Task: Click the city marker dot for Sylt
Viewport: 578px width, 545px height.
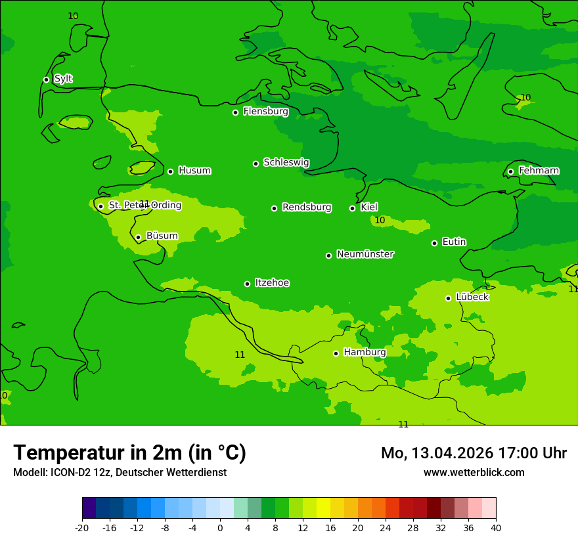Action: (46, 79)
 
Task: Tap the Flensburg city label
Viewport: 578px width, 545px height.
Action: (265, 112)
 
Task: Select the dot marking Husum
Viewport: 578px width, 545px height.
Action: (170, 171)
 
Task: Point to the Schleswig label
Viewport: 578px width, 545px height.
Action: (286, 162)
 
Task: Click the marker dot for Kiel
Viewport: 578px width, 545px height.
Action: (352, 208)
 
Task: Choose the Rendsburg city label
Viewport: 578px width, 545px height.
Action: (307, 207)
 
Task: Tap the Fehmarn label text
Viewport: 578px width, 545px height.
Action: (539, 171)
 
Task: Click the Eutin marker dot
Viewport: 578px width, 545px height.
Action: (434, 243)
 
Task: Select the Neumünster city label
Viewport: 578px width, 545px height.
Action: (365, 254)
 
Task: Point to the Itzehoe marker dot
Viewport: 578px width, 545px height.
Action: (247, 284)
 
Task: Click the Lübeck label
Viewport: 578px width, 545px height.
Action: (472, 297)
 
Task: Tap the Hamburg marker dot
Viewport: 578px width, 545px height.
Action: (336, 353)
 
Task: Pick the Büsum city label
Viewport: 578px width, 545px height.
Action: (162, 236)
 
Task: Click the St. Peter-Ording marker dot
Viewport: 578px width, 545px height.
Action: (100, 206)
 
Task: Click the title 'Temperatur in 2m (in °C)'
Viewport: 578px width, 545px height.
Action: (129, 453)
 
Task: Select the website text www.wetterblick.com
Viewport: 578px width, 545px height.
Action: (474, 472)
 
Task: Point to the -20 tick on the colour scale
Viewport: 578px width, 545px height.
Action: (82, 527)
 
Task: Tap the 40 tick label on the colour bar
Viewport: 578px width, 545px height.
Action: (496, 527)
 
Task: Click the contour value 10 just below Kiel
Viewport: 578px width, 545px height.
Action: (380, 220)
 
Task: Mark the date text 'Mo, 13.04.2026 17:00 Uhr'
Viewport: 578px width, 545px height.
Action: (474, 453)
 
